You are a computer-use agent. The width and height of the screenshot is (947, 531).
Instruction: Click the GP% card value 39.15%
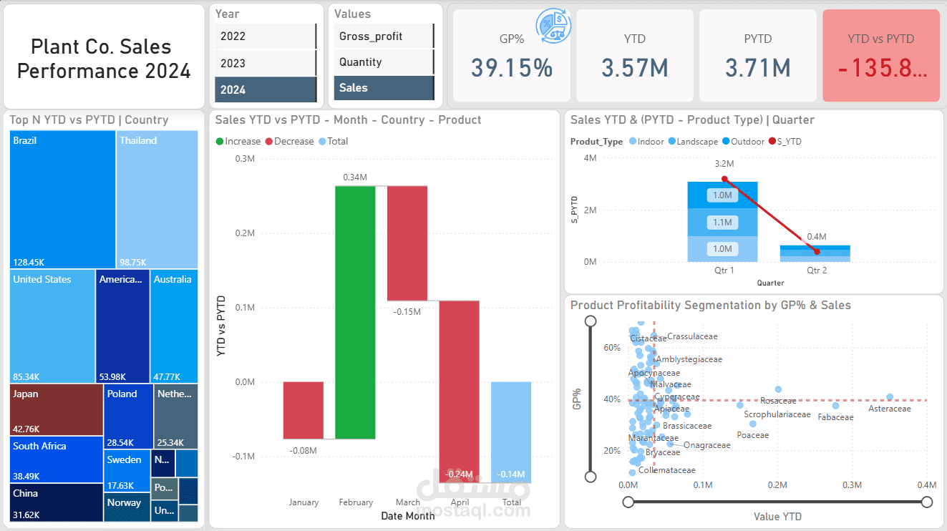pos(512,68)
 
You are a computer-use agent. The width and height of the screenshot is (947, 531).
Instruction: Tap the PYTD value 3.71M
pos(757,68)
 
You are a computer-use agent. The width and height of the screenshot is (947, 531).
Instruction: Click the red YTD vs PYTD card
pos(881,56)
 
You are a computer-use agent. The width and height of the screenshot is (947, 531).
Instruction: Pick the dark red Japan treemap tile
pos(57,410)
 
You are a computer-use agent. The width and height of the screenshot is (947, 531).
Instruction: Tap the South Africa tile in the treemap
pos(57,459)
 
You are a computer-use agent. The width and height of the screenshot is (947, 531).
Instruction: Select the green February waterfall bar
pos(355,312)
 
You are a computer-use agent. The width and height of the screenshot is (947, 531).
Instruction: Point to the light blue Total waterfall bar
pos(511,432)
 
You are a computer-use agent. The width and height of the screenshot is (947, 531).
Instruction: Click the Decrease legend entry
pos(290,142)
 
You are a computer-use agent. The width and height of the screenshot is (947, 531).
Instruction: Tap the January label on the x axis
pos(303,502)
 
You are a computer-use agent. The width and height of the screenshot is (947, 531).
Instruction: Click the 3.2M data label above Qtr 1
pos(724,164)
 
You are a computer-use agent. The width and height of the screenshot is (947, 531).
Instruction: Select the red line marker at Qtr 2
pos(817,251)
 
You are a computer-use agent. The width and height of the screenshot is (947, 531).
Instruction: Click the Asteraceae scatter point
pos(890,396)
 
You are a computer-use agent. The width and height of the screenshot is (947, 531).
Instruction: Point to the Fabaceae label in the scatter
pos(835,417)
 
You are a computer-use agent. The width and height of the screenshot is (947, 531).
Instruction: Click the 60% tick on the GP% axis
pos(612,348)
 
